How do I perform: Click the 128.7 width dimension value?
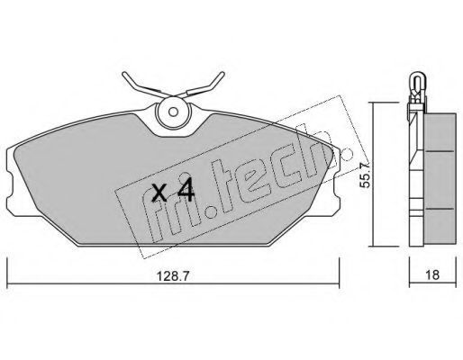point(173,275)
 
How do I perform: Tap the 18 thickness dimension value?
point(432,274)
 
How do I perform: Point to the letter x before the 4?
point(159,193)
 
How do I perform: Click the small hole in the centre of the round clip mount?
point(173,112)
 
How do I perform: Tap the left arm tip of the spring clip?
point(124,74)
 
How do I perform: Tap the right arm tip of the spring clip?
point(222,74)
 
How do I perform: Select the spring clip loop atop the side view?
point(417,83)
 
